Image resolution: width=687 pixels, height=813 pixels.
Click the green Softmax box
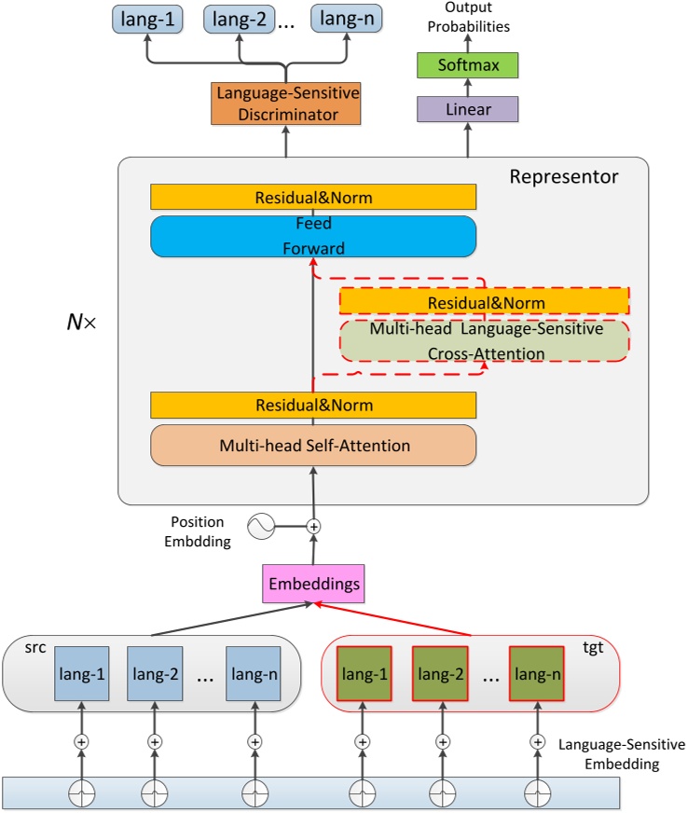[465, 65]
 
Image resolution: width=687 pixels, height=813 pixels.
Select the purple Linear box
[465, 110]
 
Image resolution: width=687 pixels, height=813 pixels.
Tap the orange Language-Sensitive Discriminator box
[285, 104]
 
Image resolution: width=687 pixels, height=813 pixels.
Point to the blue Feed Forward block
[313, 236]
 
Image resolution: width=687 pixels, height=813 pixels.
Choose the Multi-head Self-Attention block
[313, 446]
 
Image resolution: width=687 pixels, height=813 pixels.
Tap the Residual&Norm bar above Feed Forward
[313, 197]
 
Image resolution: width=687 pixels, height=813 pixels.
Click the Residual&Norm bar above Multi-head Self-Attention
[313, 406]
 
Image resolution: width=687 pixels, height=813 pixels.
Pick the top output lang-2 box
[240, 18]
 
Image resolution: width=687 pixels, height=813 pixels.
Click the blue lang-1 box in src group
[81, 673]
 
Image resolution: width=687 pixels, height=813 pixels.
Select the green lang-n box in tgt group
[536, 673]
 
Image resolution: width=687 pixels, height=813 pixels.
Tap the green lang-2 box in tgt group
[441, 673]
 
